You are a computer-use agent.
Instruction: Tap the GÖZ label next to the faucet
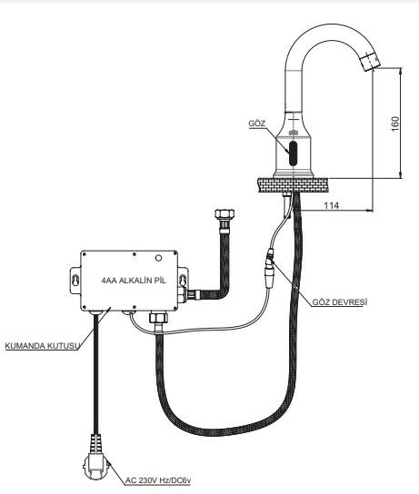[x=256, y=123]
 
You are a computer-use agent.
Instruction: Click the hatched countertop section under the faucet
[x=292, y=183]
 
